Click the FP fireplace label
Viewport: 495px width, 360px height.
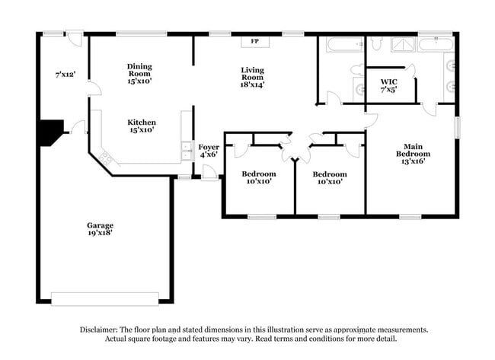click(x=255, y=42)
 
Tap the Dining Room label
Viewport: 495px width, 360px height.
click(x=140, y=67)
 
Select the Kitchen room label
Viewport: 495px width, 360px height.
click(x=141, y=122)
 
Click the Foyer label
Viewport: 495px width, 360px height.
click(x=209, y=146)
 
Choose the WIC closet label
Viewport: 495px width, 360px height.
click(x=389, y=81)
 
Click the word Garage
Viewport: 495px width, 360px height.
click(x=100, y=225)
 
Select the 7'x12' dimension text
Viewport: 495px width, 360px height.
click(x=65, y=75)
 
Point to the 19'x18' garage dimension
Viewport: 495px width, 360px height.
click(x=100, y=234)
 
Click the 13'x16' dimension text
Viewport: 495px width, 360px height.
click(x=411, y=161)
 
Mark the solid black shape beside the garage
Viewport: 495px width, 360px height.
click(x=51, y=132)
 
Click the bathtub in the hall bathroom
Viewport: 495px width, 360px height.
click(x=345, y=43)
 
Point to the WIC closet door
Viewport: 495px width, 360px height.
click(x=410, y=73)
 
